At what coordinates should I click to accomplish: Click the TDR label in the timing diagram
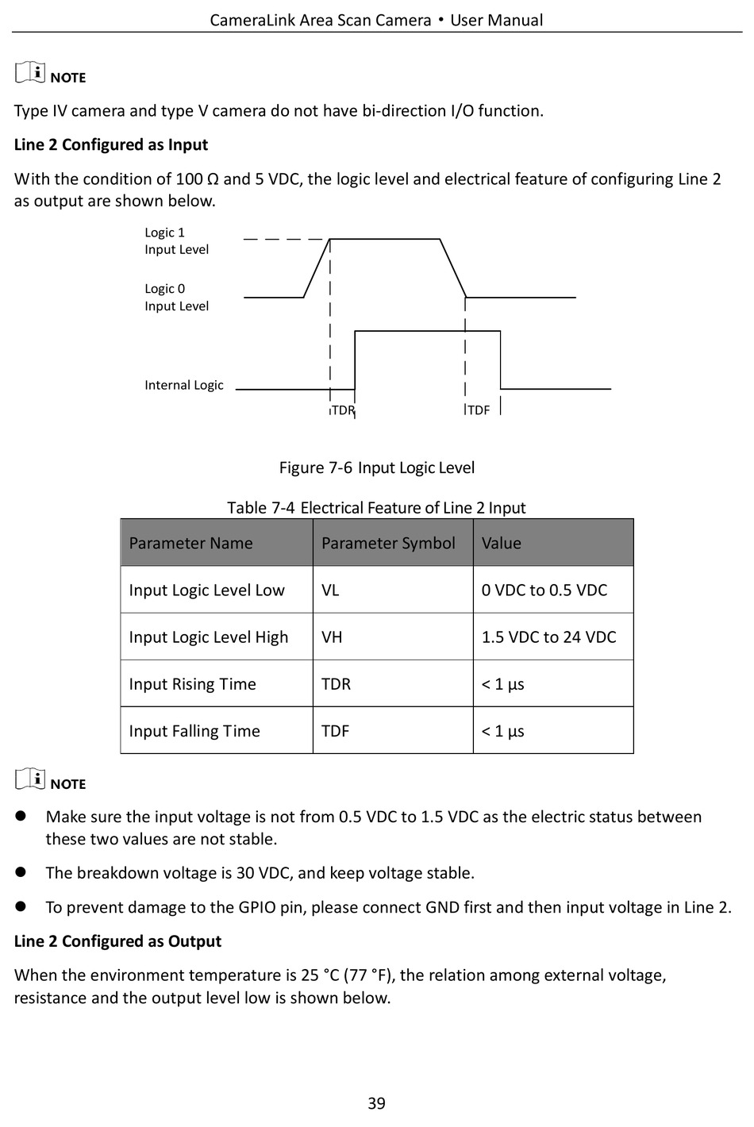click(x=343, y=410)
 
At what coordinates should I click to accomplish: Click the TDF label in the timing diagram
click(x=479, y=410)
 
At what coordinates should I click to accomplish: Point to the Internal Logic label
click(x=184, y=385)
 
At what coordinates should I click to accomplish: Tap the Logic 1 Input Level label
click(x=176, y=240)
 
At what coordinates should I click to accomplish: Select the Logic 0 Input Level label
click(x=176, y=298)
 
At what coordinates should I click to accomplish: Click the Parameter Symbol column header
click(x=388, y=543)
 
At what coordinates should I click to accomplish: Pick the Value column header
click(x=502, y=543)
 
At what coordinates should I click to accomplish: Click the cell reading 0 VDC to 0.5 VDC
click(x=544, y=590)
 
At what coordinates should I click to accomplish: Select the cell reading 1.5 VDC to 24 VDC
click(x=549, y=637)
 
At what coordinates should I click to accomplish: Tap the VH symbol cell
click(x=332, y=637)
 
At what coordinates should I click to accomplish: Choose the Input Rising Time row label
click(x=193, y=684)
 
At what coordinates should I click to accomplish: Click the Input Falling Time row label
click(x=194, y=731)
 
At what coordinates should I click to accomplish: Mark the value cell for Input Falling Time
click(x=503, y=731)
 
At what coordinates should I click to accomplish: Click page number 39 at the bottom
click(x=377, y=1103)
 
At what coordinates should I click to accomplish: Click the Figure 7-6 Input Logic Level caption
click(x=377, y=467)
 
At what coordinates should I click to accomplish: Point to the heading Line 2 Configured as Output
click(x=117, y=941)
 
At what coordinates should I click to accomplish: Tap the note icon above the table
click(x=30, y=73)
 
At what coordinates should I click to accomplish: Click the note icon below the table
click(x=30, y=779)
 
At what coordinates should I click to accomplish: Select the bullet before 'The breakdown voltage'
click(x=21, y=872)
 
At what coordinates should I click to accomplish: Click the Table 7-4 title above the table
click(x=377, y=508)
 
